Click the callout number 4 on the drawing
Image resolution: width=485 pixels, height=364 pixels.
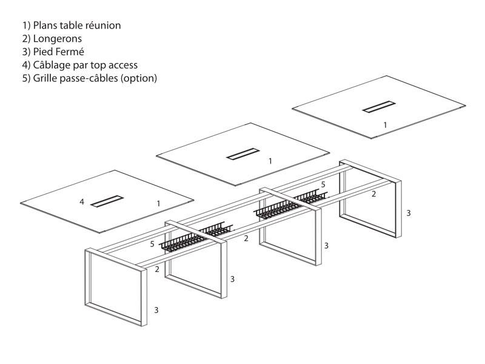[82, 201]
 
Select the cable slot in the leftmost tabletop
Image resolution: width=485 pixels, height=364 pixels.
[107, 201]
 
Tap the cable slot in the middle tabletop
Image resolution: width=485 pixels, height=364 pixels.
[242, 153]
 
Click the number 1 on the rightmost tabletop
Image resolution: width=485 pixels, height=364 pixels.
[385, 124]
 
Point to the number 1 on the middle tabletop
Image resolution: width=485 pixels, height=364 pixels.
[270, 161]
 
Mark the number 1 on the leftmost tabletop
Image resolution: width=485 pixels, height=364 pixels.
[158, 204]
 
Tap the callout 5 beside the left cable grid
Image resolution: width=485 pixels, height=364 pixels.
[152, 244]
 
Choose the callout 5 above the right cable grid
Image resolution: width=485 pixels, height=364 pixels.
[323, 183]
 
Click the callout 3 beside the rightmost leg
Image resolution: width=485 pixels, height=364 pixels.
[409, 213]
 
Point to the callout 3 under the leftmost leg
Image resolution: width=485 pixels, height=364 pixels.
[156, 310]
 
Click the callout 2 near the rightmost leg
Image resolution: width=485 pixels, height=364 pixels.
[374, 194]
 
